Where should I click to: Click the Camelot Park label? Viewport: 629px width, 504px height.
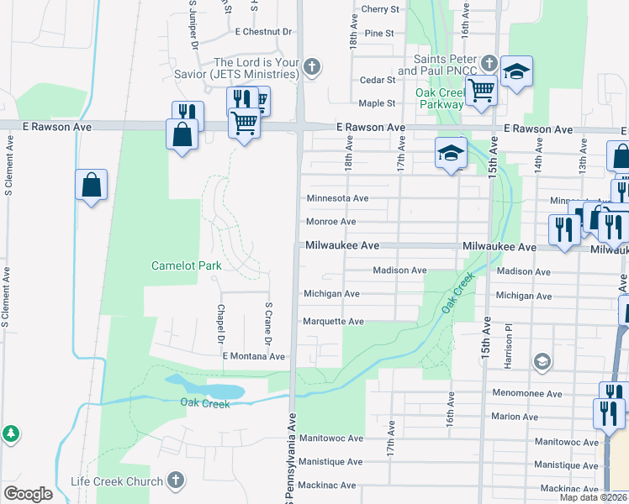186,265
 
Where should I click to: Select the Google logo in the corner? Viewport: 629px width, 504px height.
28,494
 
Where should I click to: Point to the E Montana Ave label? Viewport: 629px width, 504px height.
254,356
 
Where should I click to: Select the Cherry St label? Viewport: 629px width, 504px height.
379,9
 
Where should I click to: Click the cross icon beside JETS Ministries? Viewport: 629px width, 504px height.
312,67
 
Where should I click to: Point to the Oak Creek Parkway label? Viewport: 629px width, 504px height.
440,98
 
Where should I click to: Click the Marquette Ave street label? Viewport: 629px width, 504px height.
333,322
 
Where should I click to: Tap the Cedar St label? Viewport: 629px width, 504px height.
378,80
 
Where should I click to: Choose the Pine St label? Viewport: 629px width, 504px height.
379,33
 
